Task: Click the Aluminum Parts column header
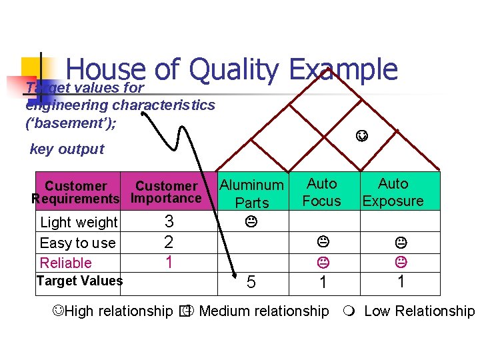pyautogui.click(x=252, y=193)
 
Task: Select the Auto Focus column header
pyautogui.click(x=322, y=192)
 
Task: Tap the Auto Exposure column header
pyautogui.click(x=393, y=192)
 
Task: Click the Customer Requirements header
pyautogui.click(x=75, y=192)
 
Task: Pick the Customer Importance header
pyautogui.click(x=166, y=192)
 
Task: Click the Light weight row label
pyautogui.click(x=79, y=222)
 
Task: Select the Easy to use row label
pyautogui.click(x=77, y=243)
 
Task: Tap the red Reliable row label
pyautogui.click(x=66, y=263)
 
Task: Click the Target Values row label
pyautogui.click(x=79, y=281)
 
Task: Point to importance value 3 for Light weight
pyautogui.click(x=169, y=221)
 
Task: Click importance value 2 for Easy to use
pyautogui.click(x=169, y=242)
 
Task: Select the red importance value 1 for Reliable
pyautogui.click(x=169, y=262)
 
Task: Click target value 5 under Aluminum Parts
pyautogui.click(x=251, y=283)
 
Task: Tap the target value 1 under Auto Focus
pyautogui.click(x=323, y=283)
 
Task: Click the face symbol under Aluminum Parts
pyautogui.click(x=252, y=219)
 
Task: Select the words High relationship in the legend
pyautogui.click(x=119, y=311)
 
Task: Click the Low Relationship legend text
pyautogui.click(x=419, y=311)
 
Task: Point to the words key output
pyautogui.click(x=67, y=149)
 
